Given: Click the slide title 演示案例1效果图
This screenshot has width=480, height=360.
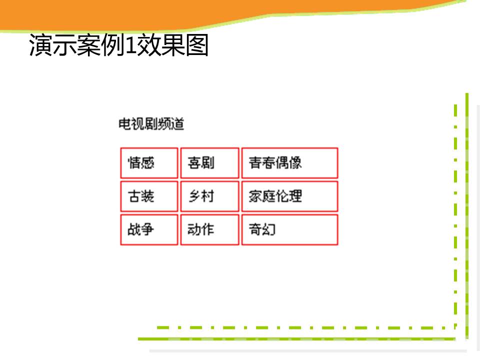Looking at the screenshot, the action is (119, 45).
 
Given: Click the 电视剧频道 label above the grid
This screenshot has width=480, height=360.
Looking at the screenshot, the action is (151, 124).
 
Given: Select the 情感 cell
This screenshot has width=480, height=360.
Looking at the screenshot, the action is (149, 163).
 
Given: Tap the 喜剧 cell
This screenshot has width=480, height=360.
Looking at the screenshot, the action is (209, 163).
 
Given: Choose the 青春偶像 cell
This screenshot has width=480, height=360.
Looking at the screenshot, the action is (290, 163).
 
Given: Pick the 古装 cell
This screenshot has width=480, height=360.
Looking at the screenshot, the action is (149, 196).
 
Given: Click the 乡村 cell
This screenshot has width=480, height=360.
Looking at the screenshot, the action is (209, 196).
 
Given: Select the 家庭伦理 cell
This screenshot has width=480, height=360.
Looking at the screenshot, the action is (290, 196).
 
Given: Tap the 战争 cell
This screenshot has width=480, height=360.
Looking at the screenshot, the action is (149, 229).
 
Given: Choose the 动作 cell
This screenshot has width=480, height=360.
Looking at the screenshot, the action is (209, 229).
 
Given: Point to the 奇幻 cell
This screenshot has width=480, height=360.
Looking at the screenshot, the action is (290, 229).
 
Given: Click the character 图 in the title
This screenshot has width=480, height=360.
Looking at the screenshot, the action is (197, 45).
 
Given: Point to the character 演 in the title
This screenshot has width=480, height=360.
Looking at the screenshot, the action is (40, 45).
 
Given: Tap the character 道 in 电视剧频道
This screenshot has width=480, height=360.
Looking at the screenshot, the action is (178, 124).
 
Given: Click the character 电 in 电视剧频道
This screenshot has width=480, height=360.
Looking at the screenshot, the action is (124, 124).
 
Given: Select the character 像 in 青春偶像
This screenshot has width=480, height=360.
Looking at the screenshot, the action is (295, 162).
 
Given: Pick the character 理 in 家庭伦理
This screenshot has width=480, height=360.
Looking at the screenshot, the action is (295, 196).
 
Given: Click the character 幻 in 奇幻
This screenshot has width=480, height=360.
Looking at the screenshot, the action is (269, 229).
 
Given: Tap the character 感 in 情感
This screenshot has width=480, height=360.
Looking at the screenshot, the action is (147, 162).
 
